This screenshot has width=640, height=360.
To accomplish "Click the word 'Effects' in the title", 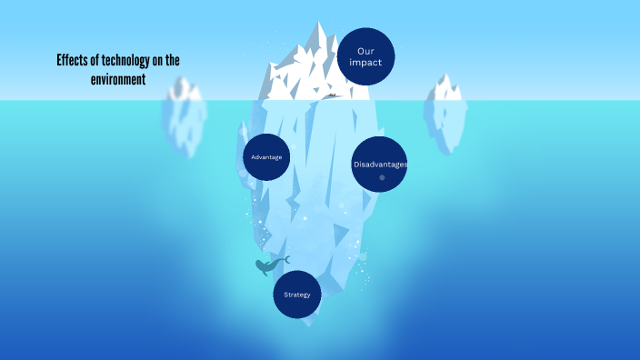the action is point(71,61).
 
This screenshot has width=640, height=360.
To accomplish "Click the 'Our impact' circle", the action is point(365,56).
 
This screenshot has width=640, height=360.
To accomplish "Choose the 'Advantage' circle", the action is point(266,157).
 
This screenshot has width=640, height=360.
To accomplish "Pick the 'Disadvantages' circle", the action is point(379,165).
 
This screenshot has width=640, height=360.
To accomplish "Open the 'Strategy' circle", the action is point(297,295).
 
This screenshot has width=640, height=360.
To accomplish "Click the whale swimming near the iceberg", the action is point(268,265).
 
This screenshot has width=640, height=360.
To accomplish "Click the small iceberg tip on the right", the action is point(445,88).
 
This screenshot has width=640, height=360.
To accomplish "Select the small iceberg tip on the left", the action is point(185,90).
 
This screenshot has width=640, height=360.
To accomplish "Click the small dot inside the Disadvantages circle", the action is point(382,177).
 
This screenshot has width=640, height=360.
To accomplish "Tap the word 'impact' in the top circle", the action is point(365,63).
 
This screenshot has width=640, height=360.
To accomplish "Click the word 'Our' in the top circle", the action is point(365,51).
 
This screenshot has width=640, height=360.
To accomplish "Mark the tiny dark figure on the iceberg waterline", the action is point(333,95).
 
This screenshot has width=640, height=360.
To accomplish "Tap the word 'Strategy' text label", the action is point(297,295).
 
